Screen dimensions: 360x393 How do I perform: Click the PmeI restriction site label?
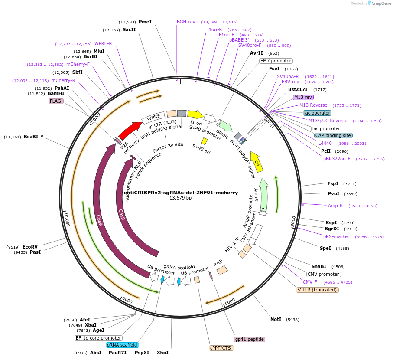[x=145, y=22]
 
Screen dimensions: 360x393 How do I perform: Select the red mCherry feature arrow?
[x=130, y=129]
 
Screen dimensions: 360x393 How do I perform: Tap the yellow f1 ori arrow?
[x=195, y=115]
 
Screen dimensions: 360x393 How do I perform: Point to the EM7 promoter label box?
[x=276, y=61]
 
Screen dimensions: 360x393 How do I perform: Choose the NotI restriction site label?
[x=276, y=319]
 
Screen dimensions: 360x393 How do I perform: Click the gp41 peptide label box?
[x=249, y=339]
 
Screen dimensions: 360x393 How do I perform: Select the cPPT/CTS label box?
[x=221, y=348]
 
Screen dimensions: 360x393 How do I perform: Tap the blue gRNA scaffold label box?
[x=122, y=345]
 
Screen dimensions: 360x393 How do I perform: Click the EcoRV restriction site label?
[x=30, y=247]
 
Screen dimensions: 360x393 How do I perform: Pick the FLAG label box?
[x=56, y=101]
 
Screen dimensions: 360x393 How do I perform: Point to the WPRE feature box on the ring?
[x=153, y=117]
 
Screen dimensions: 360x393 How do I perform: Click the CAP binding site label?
[x=333, y=135]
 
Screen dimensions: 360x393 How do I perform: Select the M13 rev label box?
[x=303, y=97]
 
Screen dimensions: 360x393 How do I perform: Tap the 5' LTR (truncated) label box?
[x=317, y=290]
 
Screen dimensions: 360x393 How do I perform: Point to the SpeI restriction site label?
[x=325, y=248]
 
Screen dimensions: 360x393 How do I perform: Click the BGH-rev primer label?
[x=186, y=22]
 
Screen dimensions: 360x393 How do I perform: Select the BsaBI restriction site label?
[x=31, y=137]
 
